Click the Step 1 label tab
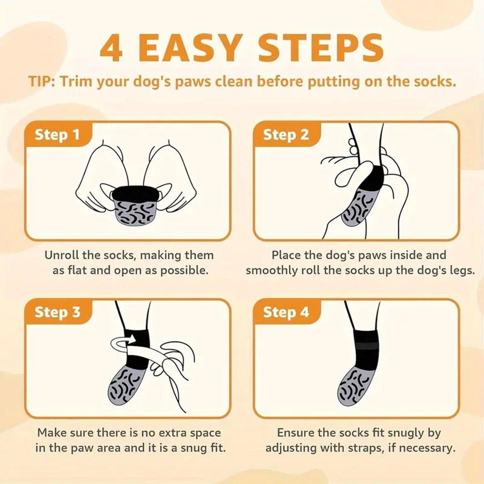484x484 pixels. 57,135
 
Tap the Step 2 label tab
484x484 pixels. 286,135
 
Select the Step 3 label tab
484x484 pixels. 57,312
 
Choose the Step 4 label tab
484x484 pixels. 286,312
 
